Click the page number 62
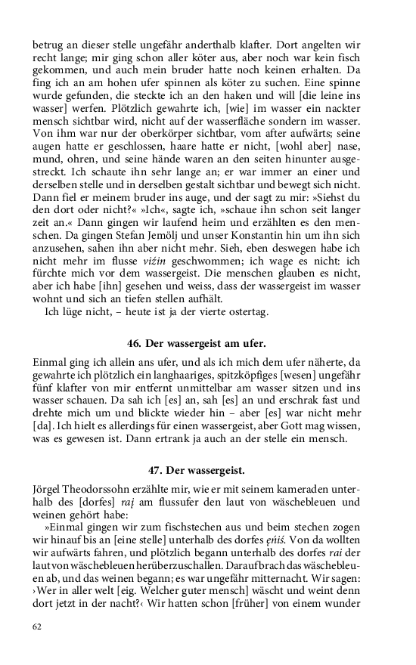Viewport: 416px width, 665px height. tap(37, 626)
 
